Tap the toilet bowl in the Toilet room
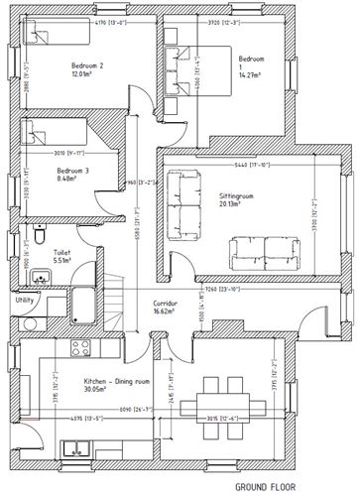[37, 237]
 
